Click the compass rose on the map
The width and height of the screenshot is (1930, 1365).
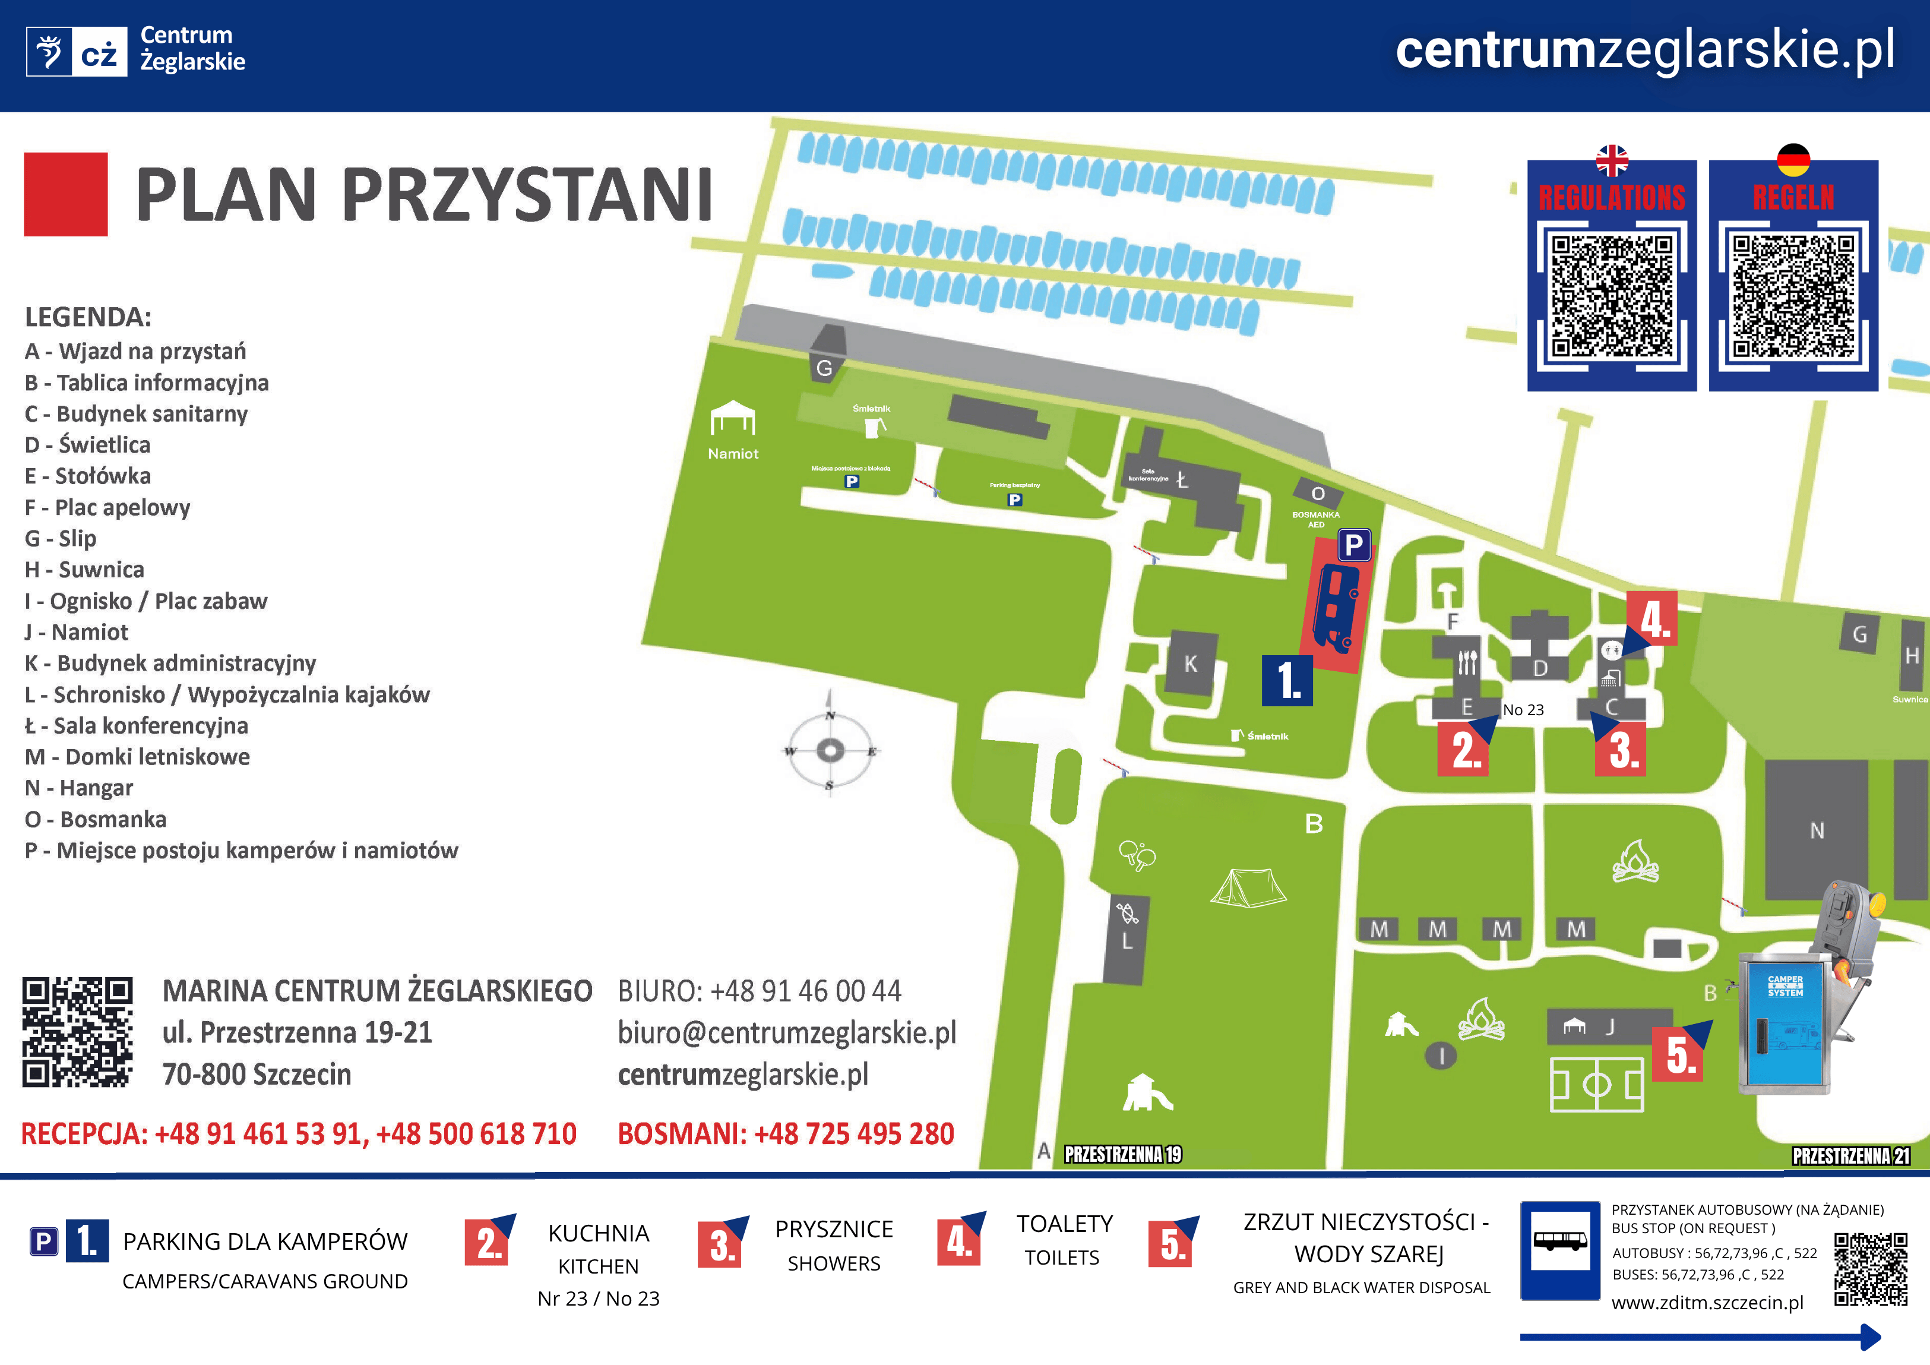click(x=830, y=750)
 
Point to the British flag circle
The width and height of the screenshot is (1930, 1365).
click(x=1612, y=160)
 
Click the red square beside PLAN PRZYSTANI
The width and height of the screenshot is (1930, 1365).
click(x=65, y=194)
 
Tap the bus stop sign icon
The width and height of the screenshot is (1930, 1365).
click(x=1560, y=1250)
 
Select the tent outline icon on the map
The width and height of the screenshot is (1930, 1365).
click(x=1248, y=887)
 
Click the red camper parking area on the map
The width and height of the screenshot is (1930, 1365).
click(x=1337, y=605)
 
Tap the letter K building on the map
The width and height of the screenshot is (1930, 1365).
click(x=1190, y=663)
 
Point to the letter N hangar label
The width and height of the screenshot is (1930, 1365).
click(x=1817, y=831)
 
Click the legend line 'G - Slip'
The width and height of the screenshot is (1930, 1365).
click(x=61, y=538)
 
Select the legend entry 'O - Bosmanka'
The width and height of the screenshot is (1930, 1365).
click(x=96, y=819)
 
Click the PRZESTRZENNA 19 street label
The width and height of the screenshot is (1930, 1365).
click(x=1123, y=1154)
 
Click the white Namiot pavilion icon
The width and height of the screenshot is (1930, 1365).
click(x=732, y=418)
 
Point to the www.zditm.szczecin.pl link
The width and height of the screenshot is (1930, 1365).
click(x=1707, y=1303)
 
